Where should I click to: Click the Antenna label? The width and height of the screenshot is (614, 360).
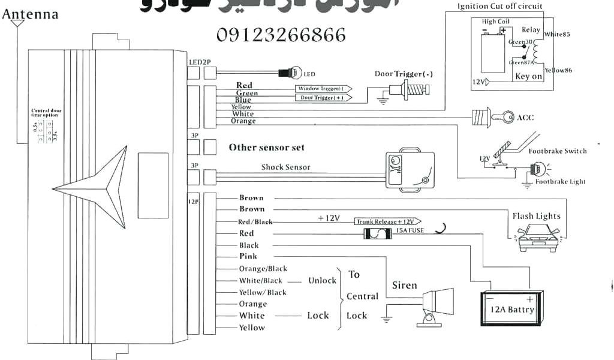31,14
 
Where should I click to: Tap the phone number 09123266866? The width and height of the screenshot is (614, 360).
281,35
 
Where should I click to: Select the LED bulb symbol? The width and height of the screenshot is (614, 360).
294,73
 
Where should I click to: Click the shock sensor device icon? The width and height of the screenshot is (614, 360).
409,170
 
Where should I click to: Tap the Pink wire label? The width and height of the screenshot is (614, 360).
248,256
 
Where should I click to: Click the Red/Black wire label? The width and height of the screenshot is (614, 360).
255,221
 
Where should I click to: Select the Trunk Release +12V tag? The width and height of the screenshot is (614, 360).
387,221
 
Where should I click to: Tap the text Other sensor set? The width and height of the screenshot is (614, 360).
266,148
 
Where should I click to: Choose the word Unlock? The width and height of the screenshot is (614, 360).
322,280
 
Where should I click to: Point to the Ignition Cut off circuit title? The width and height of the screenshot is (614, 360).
500,7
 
